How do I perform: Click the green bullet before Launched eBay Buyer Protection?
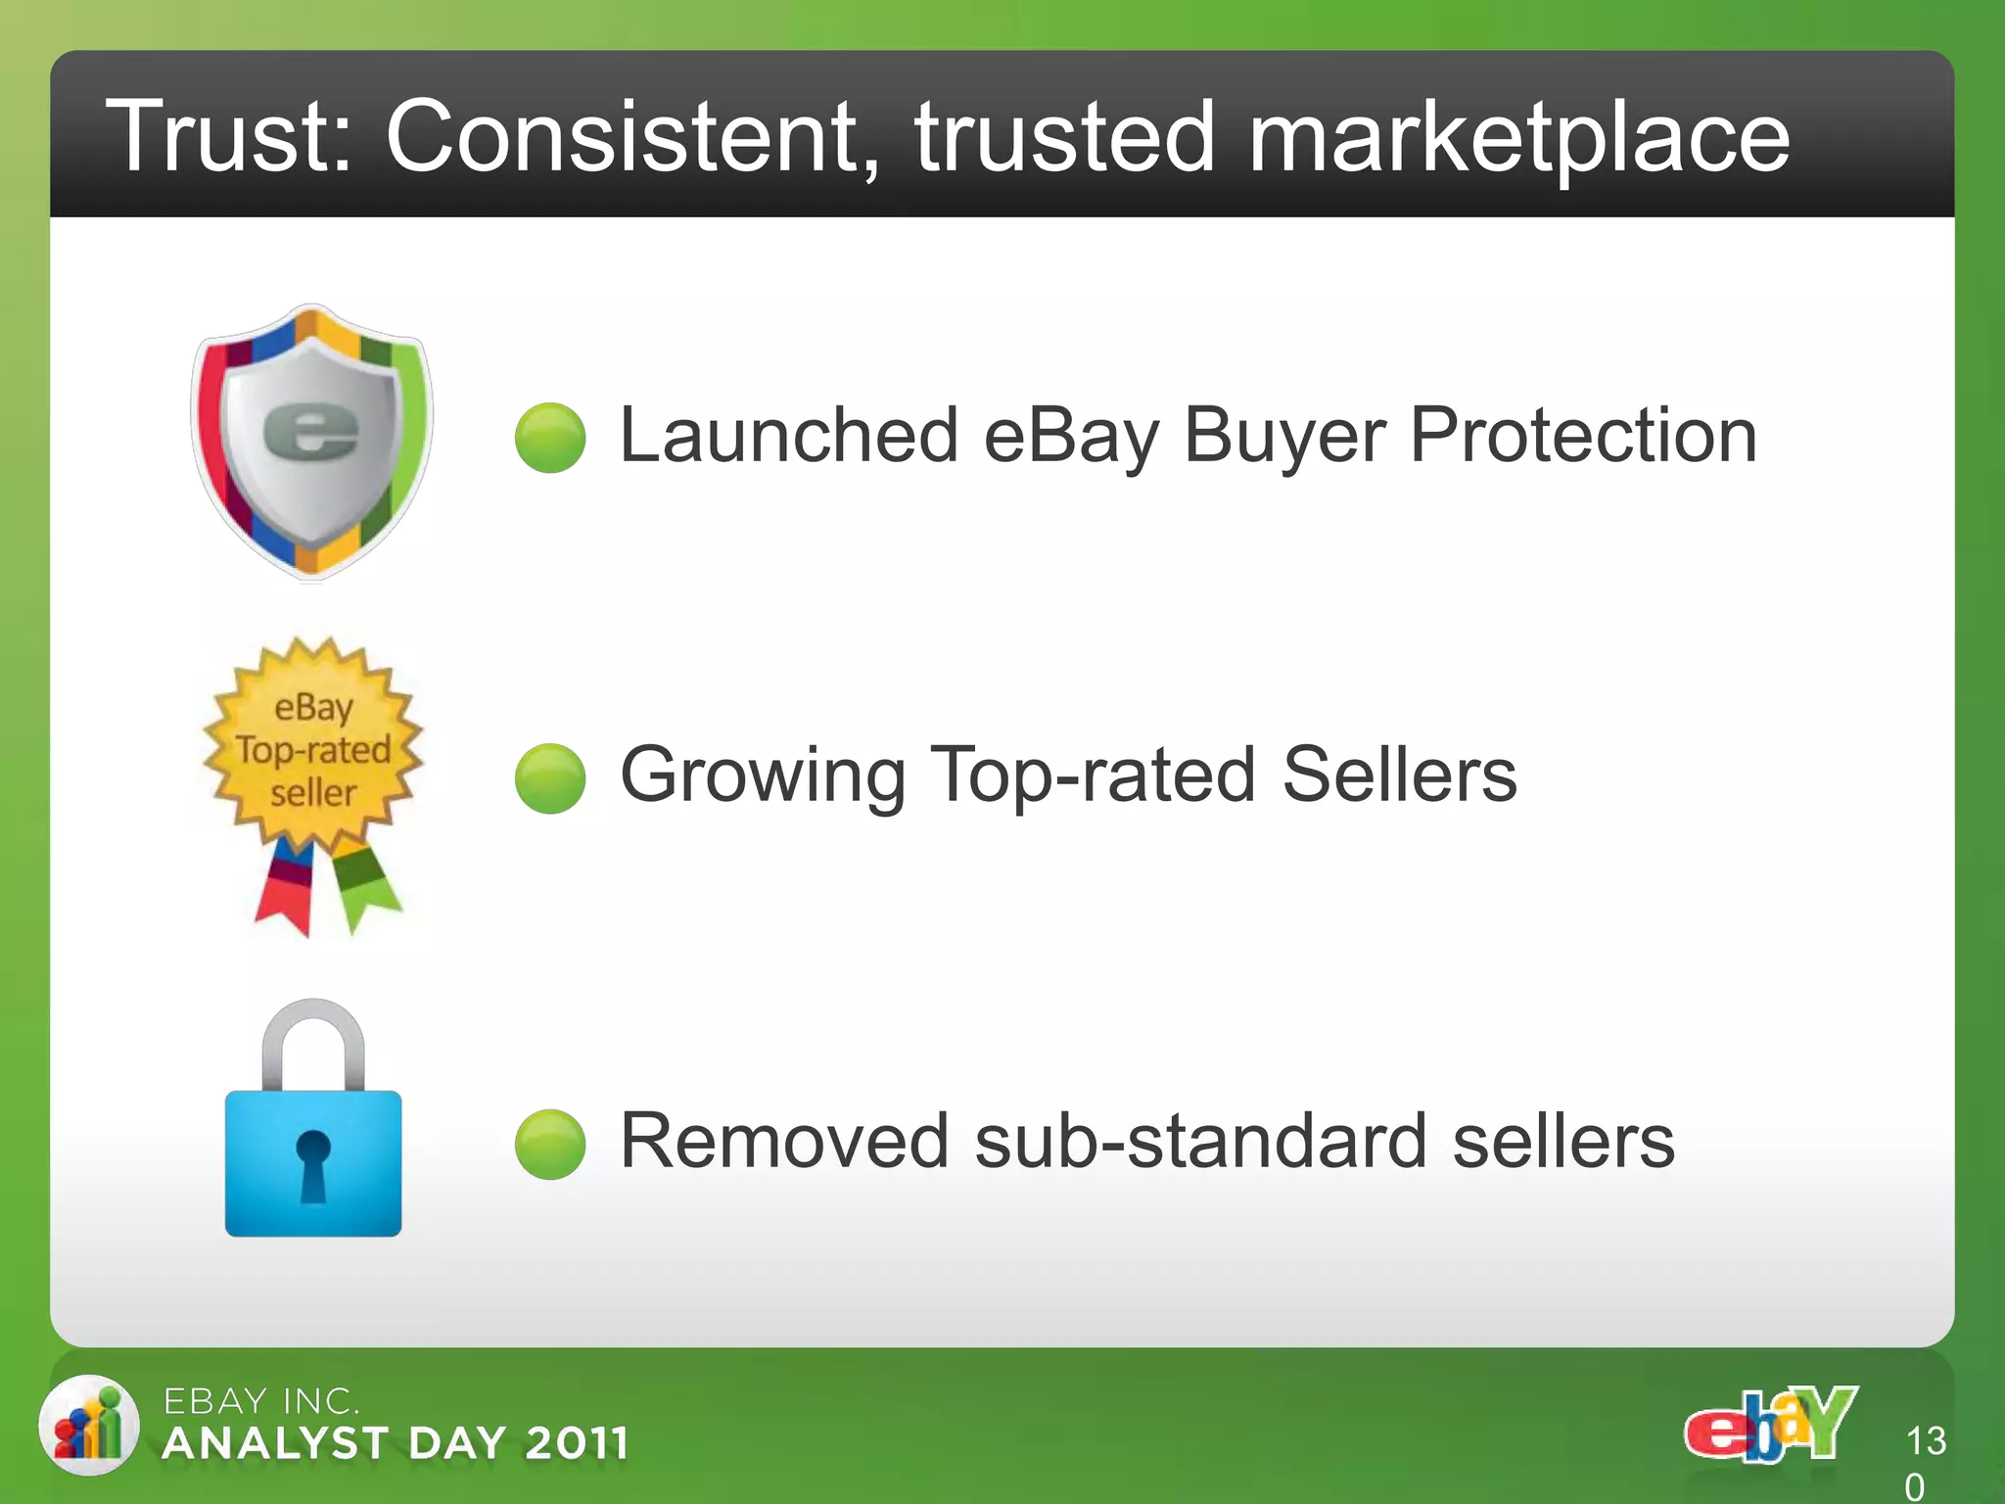pyautogui.click(x=550, y=438)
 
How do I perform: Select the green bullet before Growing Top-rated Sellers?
pyautogui.click(x=550, y=778)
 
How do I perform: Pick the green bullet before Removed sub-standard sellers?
pyautogui.click(x=550, y=1144)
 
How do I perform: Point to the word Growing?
pyautogui.click(x=764, y=775)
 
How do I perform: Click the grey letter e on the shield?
pyautogui.click(x=311, y=431)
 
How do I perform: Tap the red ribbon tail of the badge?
pyautogui.click(x=286, y=891)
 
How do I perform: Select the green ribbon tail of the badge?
pyautogui.click(x=364, y=886)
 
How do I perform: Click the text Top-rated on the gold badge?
pyautogui.click(x=313, y=750)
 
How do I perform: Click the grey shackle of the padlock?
pyautogui.click(x=313, y=1038)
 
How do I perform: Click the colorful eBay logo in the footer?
pyautogui.click(x=1770, y=1425)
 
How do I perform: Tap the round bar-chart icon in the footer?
pyautogui.click(x=88, y=1425)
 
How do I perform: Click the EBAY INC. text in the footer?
pyautogui.click(x=260, y=1401)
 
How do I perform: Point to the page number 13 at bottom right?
pyautogui.click(x=1926, y=1441)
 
